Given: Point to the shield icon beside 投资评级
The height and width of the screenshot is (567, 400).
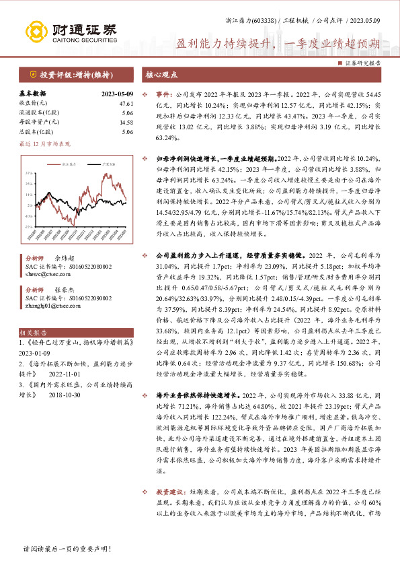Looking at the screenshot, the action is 32,74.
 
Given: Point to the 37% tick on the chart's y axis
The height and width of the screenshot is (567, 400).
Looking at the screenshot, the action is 28,173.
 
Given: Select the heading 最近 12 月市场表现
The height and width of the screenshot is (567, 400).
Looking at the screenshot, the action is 44,143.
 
